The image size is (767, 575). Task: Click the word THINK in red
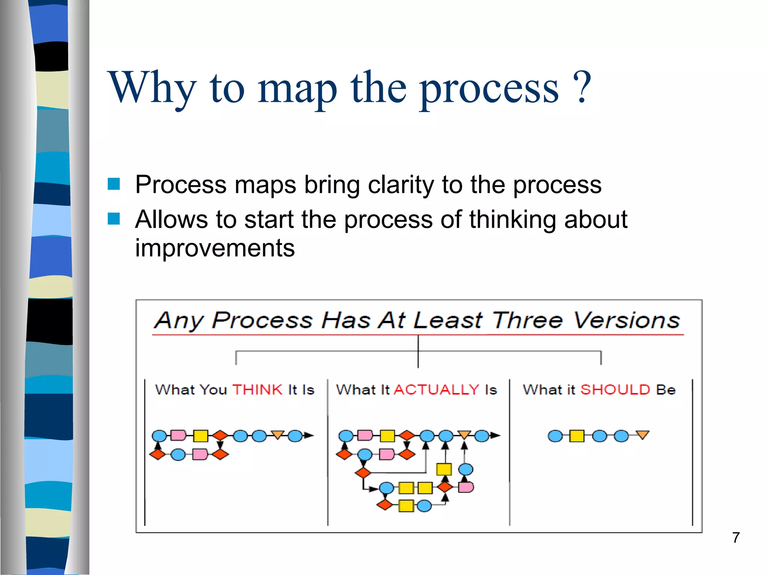(x=257, y=390)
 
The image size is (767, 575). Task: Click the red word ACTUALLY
(x=437, y=390)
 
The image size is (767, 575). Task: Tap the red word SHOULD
(x=615, y=390)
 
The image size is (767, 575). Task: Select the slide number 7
(x=736, y=538)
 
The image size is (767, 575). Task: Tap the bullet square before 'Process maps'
(x=113, y=184)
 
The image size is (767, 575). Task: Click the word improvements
(x=215, y=248)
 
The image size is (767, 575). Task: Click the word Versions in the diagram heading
(x=627, y=321)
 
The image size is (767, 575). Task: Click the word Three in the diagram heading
(x=527, y=320)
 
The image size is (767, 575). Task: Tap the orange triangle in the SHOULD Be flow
(x=643, y=435)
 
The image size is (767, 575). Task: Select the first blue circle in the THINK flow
(x=159, y=436)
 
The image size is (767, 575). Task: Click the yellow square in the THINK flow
(x=201, y=436)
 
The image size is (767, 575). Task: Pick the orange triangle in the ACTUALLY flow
(x=464, y=435)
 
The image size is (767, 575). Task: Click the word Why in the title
(x=152, y=88)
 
